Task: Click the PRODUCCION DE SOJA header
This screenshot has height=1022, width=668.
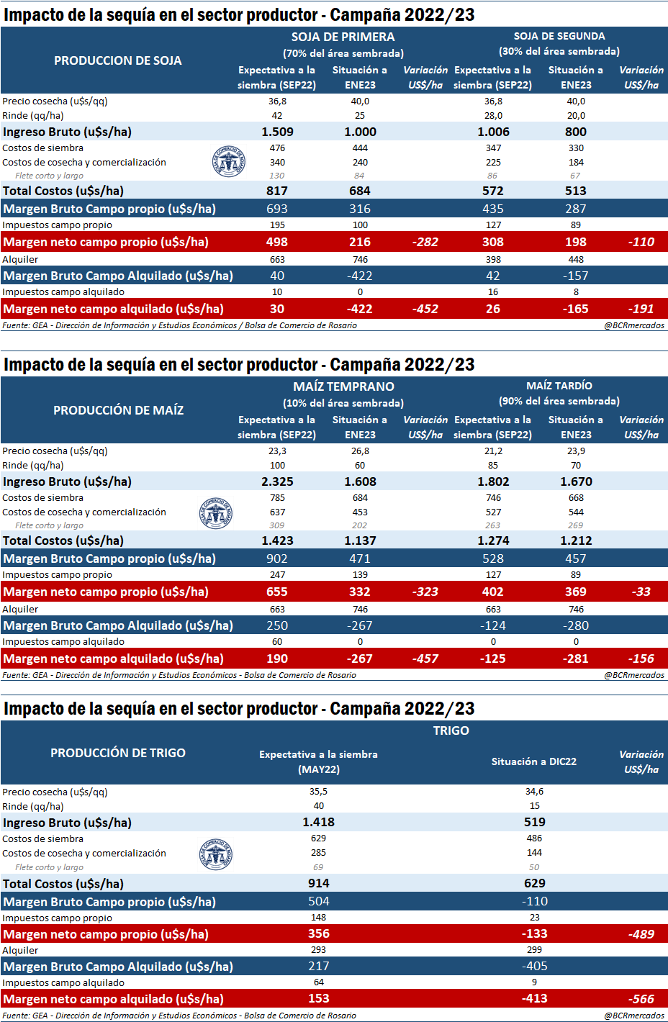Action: coord(118,60)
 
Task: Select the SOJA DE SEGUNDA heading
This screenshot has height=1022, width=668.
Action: coord(559,36)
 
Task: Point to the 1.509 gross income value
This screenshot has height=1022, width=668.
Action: coord(277,132)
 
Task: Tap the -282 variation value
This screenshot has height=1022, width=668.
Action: coord(425,242)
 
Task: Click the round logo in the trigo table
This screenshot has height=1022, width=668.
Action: coord(215,854)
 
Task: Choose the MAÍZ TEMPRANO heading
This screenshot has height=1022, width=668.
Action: coord(343,386)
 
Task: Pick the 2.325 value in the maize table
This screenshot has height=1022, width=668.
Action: coord(277,481)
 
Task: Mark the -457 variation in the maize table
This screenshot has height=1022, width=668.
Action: coord(425,659)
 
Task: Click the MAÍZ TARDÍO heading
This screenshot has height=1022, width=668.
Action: coord(559,386)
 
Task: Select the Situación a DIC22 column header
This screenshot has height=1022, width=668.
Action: coord(534,761)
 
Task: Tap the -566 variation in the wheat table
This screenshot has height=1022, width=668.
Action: coord(641,999)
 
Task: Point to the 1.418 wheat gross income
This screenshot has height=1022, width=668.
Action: coord(318,822)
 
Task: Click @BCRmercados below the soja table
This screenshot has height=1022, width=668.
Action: coord(634,325)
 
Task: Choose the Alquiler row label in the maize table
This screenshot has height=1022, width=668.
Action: coord(20,609)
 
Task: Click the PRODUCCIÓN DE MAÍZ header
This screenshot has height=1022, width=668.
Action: coord(118,410)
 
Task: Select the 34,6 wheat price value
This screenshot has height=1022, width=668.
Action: coord(534,792)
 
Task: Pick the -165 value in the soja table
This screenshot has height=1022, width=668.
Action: coord(576,309)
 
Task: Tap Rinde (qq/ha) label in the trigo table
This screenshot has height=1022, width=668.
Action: coord(33,807)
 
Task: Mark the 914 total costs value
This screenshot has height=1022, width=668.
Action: coord(318,883)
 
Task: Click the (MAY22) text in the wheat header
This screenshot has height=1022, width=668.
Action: coord(318,769)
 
